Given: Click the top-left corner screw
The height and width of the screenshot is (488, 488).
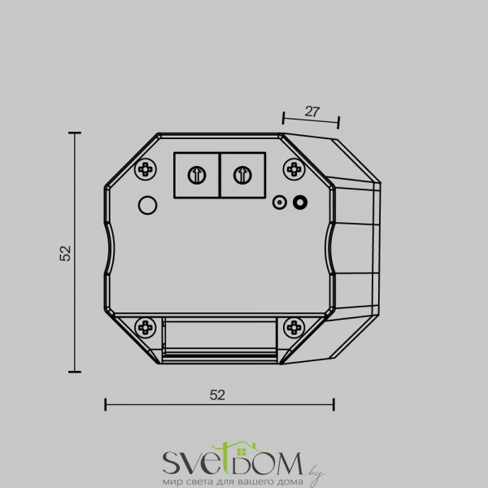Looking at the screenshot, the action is tap(146, 169).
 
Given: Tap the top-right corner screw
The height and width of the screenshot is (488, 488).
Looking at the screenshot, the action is tap(294, 169).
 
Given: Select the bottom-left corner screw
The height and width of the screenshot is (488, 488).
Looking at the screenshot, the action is tap(146, 328).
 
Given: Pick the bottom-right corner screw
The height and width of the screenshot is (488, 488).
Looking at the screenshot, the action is tap(294, 328).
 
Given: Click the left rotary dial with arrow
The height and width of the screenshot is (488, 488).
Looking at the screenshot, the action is tap(197, 175).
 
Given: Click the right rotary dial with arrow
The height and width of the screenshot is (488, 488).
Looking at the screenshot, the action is tap(242, 175).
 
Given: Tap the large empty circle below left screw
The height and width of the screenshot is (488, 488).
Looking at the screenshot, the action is tap(147, 205).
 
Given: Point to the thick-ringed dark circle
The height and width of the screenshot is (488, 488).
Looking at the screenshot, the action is tap(300, 203).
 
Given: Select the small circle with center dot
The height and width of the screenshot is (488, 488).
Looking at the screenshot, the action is tap(280, 203).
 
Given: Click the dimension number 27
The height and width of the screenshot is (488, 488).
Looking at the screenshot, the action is tap(312, 111).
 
